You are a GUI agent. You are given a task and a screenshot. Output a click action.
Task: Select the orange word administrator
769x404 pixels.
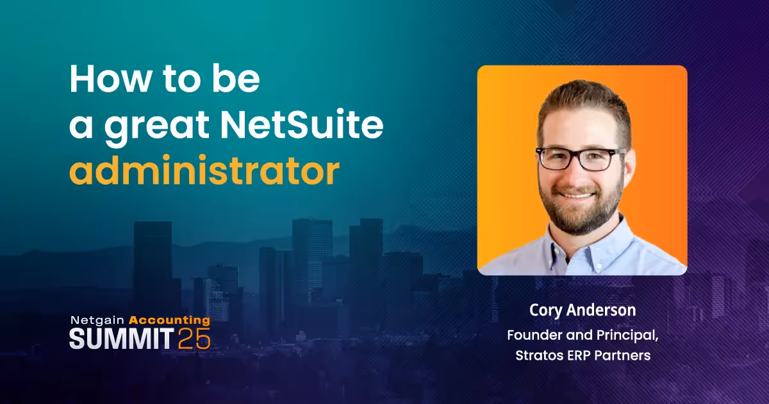pos(204,171)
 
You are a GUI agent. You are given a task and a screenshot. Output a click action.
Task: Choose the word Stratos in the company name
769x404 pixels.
pos(539,355)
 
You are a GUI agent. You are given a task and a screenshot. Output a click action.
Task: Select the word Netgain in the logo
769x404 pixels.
pos(97,319)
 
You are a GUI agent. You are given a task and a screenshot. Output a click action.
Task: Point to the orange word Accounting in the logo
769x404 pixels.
pos(169,319)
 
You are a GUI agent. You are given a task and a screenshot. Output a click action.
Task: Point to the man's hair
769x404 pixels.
pos(580,103)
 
